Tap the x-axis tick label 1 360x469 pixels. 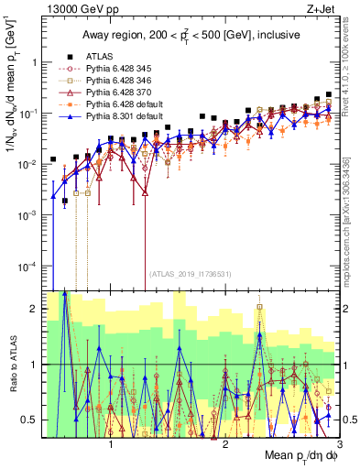coord(111,442)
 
